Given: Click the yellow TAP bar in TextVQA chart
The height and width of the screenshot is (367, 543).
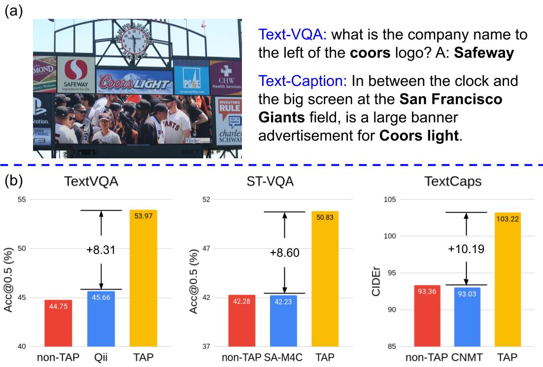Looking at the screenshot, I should tap(143, 278).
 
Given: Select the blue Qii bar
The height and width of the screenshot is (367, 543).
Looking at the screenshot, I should tap(101, 319).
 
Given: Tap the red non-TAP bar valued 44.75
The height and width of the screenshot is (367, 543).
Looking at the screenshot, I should tap(59, 323).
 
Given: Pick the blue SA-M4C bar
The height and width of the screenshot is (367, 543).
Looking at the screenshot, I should tap(283, 321).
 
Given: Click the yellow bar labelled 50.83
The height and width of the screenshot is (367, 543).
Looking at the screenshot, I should tap(325, 279).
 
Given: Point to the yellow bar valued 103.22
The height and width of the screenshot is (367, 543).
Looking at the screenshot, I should tap(507, 279).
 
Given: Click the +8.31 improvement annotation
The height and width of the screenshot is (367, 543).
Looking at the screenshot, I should tap(101, 250).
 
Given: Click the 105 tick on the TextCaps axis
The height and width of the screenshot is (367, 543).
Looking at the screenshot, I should tap(391, 199).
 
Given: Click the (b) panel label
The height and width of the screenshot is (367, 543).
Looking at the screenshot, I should tap(13, 181).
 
